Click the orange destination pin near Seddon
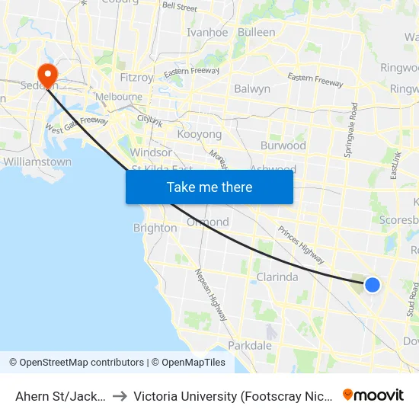point(47,75)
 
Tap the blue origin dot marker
point(372,284)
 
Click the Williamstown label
point(37,162)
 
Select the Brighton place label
point(155,228)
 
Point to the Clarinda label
point(277,277)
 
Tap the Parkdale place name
point(250,345)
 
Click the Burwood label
point(283,146)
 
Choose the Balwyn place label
point(252,89)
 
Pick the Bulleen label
point(256,33)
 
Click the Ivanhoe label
point(207,33)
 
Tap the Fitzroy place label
point(138,78)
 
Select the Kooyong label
point(199,134)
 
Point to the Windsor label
point(151,152)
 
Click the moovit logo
point(373,395)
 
